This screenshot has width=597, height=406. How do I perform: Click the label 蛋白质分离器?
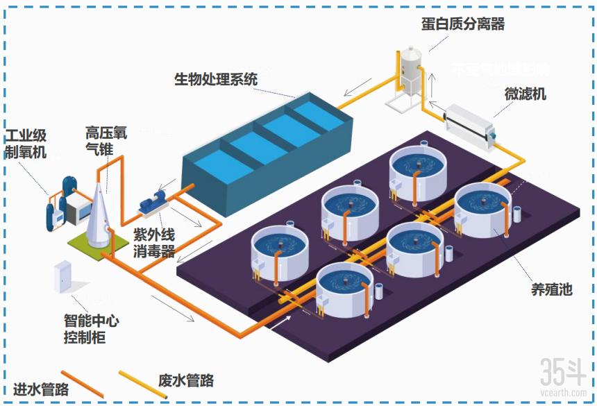(x=462, y=24)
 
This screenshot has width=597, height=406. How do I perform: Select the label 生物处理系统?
(x=215, y=79)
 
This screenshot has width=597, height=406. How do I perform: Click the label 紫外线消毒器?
(x=153, y=242)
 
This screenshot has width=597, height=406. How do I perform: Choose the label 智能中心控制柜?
(x=91, y=330)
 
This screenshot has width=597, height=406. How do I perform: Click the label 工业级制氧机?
(x=26, y=142)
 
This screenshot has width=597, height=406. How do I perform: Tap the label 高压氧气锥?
(x=103, y=139)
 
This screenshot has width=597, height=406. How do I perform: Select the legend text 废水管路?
(x=185, y=380)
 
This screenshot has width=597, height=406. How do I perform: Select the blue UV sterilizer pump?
(x=153, y=203)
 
